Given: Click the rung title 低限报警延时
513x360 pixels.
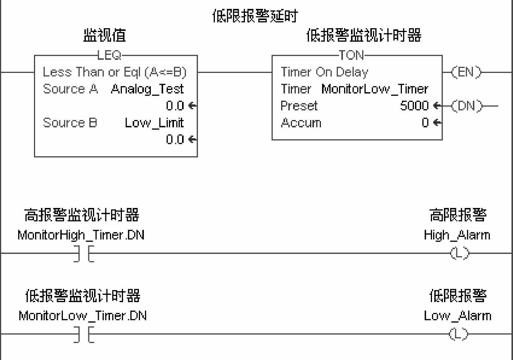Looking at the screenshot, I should tap(255, 16).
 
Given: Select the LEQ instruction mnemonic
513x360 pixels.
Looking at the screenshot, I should tap(109, 55).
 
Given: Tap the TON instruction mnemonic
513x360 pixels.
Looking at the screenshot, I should tap(351, 55).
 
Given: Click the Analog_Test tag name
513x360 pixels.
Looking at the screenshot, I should tap(147, 89).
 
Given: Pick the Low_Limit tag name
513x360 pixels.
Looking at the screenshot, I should tap(154, 123).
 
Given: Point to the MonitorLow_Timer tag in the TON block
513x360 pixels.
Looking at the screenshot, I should tap(375, 89).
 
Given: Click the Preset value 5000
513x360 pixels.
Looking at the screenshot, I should tap(414, 106).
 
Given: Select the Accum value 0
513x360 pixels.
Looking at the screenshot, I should tap(425, 123).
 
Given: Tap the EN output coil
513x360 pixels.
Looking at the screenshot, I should tap(466, 72).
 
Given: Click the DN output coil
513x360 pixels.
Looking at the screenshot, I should tap(467, 106).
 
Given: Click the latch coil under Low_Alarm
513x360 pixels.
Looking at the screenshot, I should tap(459, 334).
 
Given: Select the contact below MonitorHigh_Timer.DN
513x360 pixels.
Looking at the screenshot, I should tap(84, 254).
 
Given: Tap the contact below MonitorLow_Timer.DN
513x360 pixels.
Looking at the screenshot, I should tap(84, 335).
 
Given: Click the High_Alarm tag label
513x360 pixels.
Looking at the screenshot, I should tap(457, 235).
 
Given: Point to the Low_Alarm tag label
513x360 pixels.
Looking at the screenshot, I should tap(457, 316).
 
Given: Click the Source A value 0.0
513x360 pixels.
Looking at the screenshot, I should tap(175, 106).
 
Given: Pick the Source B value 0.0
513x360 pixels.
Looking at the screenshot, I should tap(175, 139).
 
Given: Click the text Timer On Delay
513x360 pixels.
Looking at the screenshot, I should tap(324, 72).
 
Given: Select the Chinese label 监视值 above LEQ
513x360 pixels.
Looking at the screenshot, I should tap(105, 35).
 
